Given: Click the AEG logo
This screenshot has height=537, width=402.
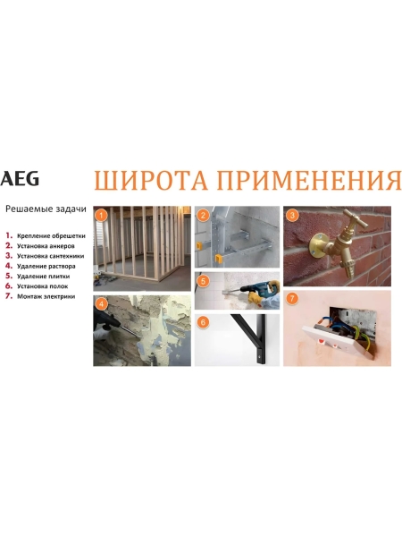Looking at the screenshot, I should (20, 179).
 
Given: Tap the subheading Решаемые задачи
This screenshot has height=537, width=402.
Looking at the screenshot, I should (46, 209).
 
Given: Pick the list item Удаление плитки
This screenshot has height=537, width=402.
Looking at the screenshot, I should (44, 276).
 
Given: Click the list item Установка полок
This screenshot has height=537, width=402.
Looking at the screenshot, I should (45, 286).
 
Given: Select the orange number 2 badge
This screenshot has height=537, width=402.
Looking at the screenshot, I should (204, 215).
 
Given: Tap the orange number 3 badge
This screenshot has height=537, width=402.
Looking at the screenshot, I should (292, 215).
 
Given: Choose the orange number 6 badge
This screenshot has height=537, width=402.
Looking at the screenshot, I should (204, 321).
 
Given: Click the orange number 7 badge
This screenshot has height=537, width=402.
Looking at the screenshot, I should (292, 298).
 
